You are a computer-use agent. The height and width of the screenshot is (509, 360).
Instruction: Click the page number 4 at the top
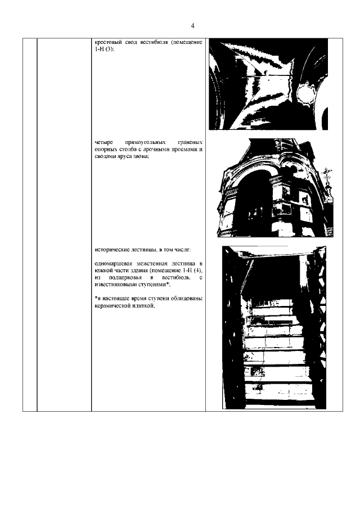[193, 26]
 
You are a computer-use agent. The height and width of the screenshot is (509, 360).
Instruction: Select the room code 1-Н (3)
[104, 49]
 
